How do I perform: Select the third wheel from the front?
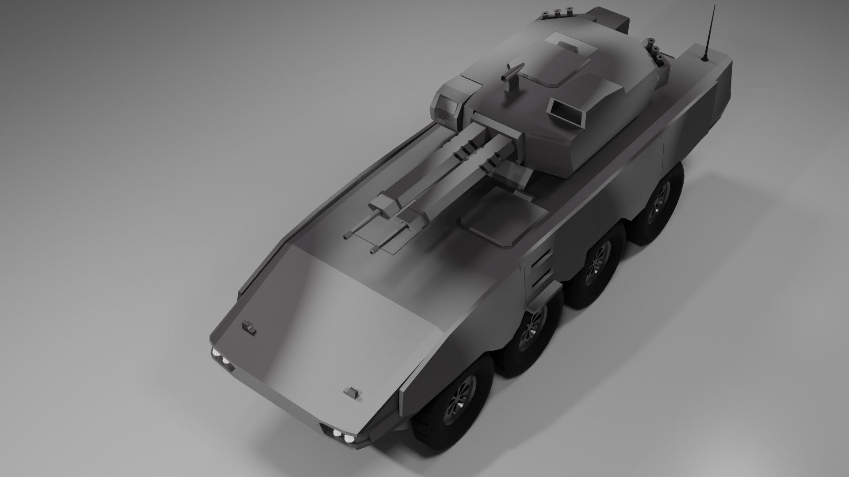click(597, 265)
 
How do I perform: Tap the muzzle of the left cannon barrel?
click(347, 237)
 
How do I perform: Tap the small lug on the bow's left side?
click(249, 328)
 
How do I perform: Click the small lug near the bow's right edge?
click(352, 392)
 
